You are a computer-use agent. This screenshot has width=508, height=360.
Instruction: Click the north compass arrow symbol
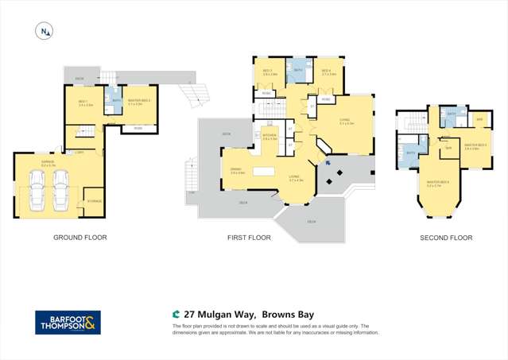pyautogui.click(x=44, y=31)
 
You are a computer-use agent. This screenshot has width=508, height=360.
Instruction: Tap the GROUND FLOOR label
pyautogui.click(x=79, y=238)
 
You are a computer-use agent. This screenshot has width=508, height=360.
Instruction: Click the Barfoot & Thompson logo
pyautogui.click(x=68, y=322)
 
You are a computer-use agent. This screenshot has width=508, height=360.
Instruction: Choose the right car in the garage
pyautogui.click(x=60, y=192)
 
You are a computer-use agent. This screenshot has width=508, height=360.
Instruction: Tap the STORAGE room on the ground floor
pyautogui.click(x=93, y=202)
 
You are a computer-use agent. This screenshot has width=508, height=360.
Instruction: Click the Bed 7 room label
pyautogui.click(x=84, y=103)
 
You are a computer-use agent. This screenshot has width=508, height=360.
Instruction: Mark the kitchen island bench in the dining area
pyautogui.click(x=263, y=172)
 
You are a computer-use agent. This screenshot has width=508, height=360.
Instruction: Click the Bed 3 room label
pyautogui.click(x=268, y=72)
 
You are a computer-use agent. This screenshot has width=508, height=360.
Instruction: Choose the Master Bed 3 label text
pyautogui.click(x=475, y=146)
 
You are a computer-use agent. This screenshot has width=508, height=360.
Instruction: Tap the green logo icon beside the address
pyautogui.click(x=176, y=313)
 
